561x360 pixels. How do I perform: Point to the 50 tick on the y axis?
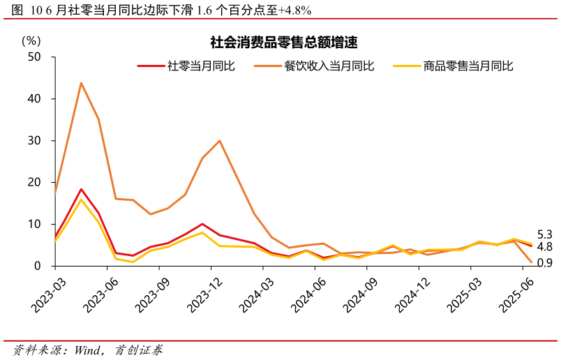(x=35, y=57)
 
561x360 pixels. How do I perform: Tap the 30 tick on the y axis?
(x=35, y=141)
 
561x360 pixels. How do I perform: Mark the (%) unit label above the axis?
(x=31, y=40)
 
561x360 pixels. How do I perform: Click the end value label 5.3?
(x=545, y=234)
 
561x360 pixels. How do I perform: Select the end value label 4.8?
(x=545, y=246)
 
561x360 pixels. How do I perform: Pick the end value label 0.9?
(x=545, y=262)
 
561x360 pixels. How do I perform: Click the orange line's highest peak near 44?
(x=81, y=83)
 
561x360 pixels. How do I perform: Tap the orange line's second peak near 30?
(x=220, y=141)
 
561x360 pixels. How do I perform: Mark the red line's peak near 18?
(x=81, y=189)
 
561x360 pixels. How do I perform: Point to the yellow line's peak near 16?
(x=81, y=200)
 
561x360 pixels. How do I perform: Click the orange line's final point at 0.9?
(x=532, y=262)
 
